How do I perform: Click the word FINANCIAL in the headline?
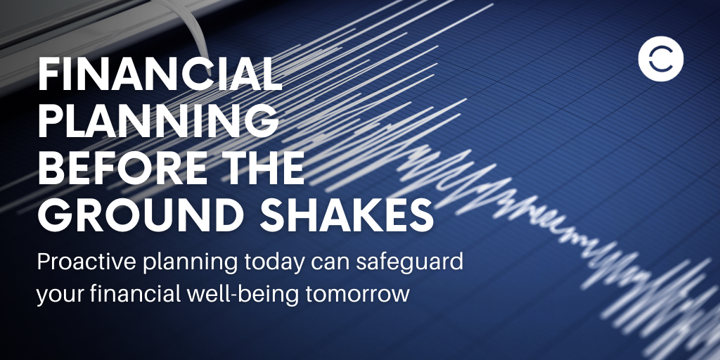click(x=160, y=74)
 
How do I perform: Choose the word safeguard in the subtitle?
click(x=399, y=263)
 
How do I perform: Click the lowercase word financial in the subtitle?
click(x=134, y=292)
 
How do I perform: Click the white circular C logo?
click(x=660, y=60)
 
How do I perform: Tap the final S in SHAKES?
click(x=420, y=215)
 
